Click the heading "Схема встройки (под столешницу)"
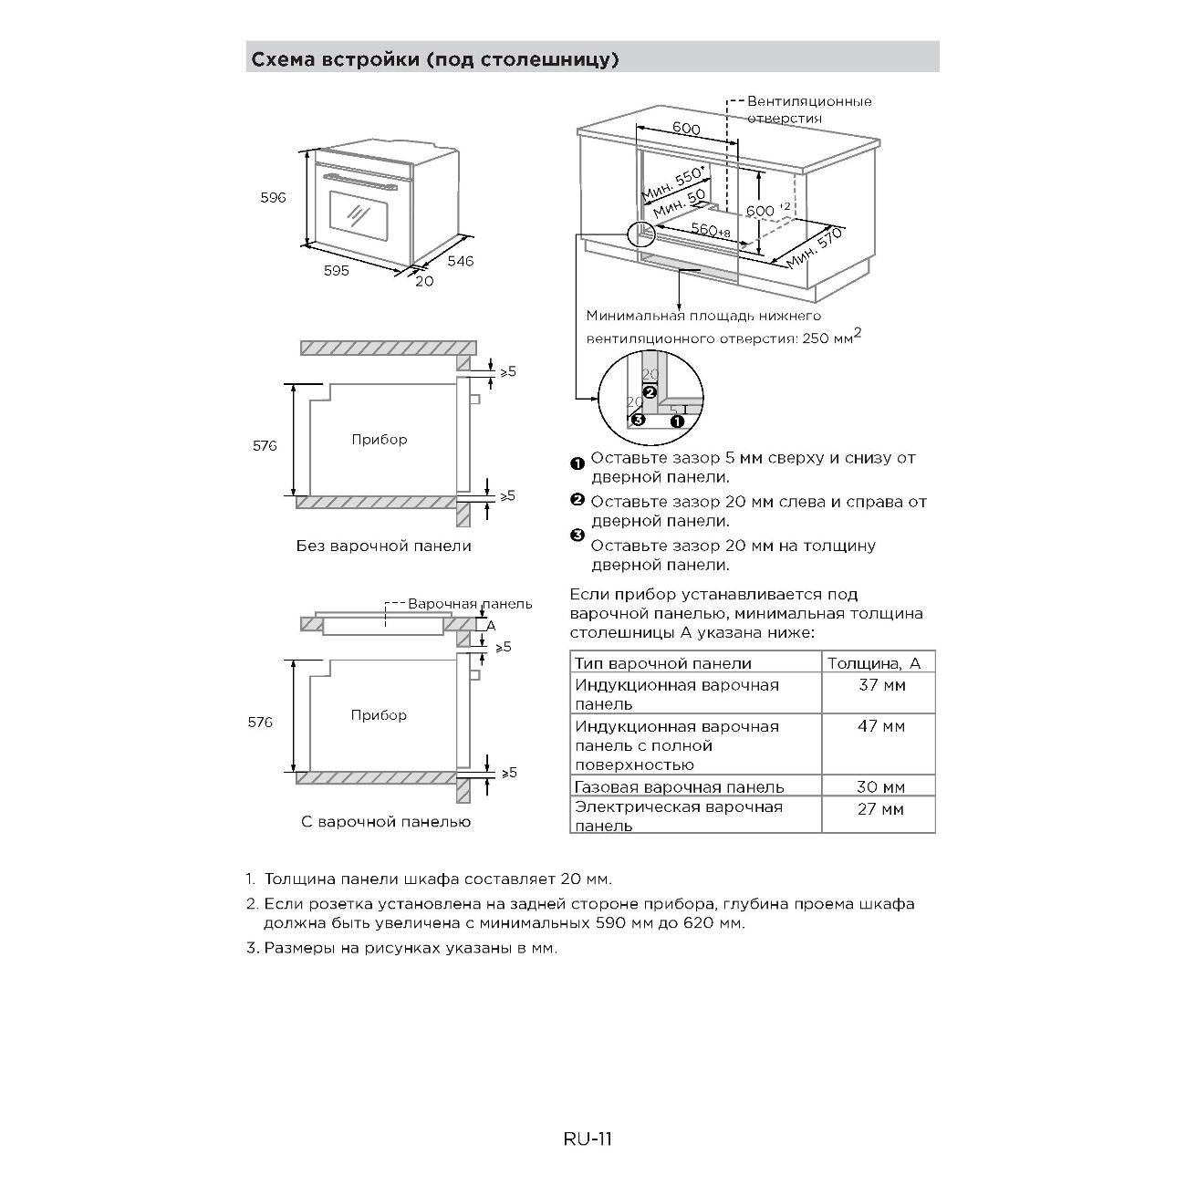435,60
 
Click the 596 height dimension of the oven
273,197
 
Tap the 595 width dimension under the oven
336,271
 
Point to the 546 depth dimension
460,261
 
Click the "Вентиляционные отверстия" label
808,109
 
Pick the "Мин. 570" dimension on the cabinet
814,247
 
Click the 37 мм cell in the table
881,684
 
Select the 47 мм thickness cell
881,726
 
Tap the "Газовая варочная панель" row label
679,786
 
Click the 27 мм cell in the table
880,808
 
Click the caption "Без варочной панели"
383,546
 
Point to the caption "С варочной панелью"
386,822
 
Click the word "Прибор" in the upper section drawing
380,440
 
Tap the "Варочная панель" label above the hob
469,604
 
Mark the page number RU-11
588,1139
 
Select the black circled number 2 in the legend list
577,499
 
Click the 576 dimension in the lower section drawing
260,722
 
